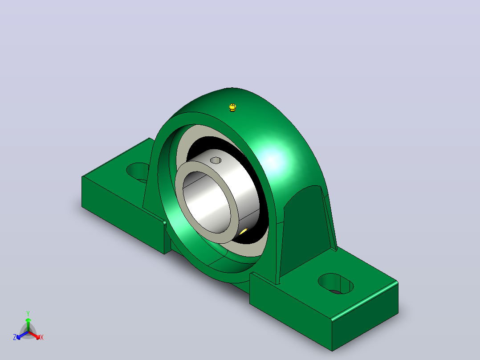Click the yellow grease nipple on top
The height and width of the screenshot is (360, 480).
point(232,107)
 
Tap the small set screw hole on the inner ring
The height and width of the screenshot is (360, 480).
point(216,160)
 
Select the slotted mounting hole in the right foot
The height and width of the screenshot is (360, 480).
point(336,284)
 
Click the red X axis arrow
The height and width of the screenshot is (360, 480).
point(34,335)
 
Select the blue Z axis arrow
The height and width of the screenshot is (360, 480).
point(22,335)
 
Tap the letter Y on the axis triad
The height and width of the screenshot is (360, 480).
point(28,313)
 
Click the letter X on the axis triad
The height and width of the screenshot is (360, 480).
point(42,337)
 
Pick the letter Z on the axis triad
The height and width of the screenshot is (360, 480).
point(15,337)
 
